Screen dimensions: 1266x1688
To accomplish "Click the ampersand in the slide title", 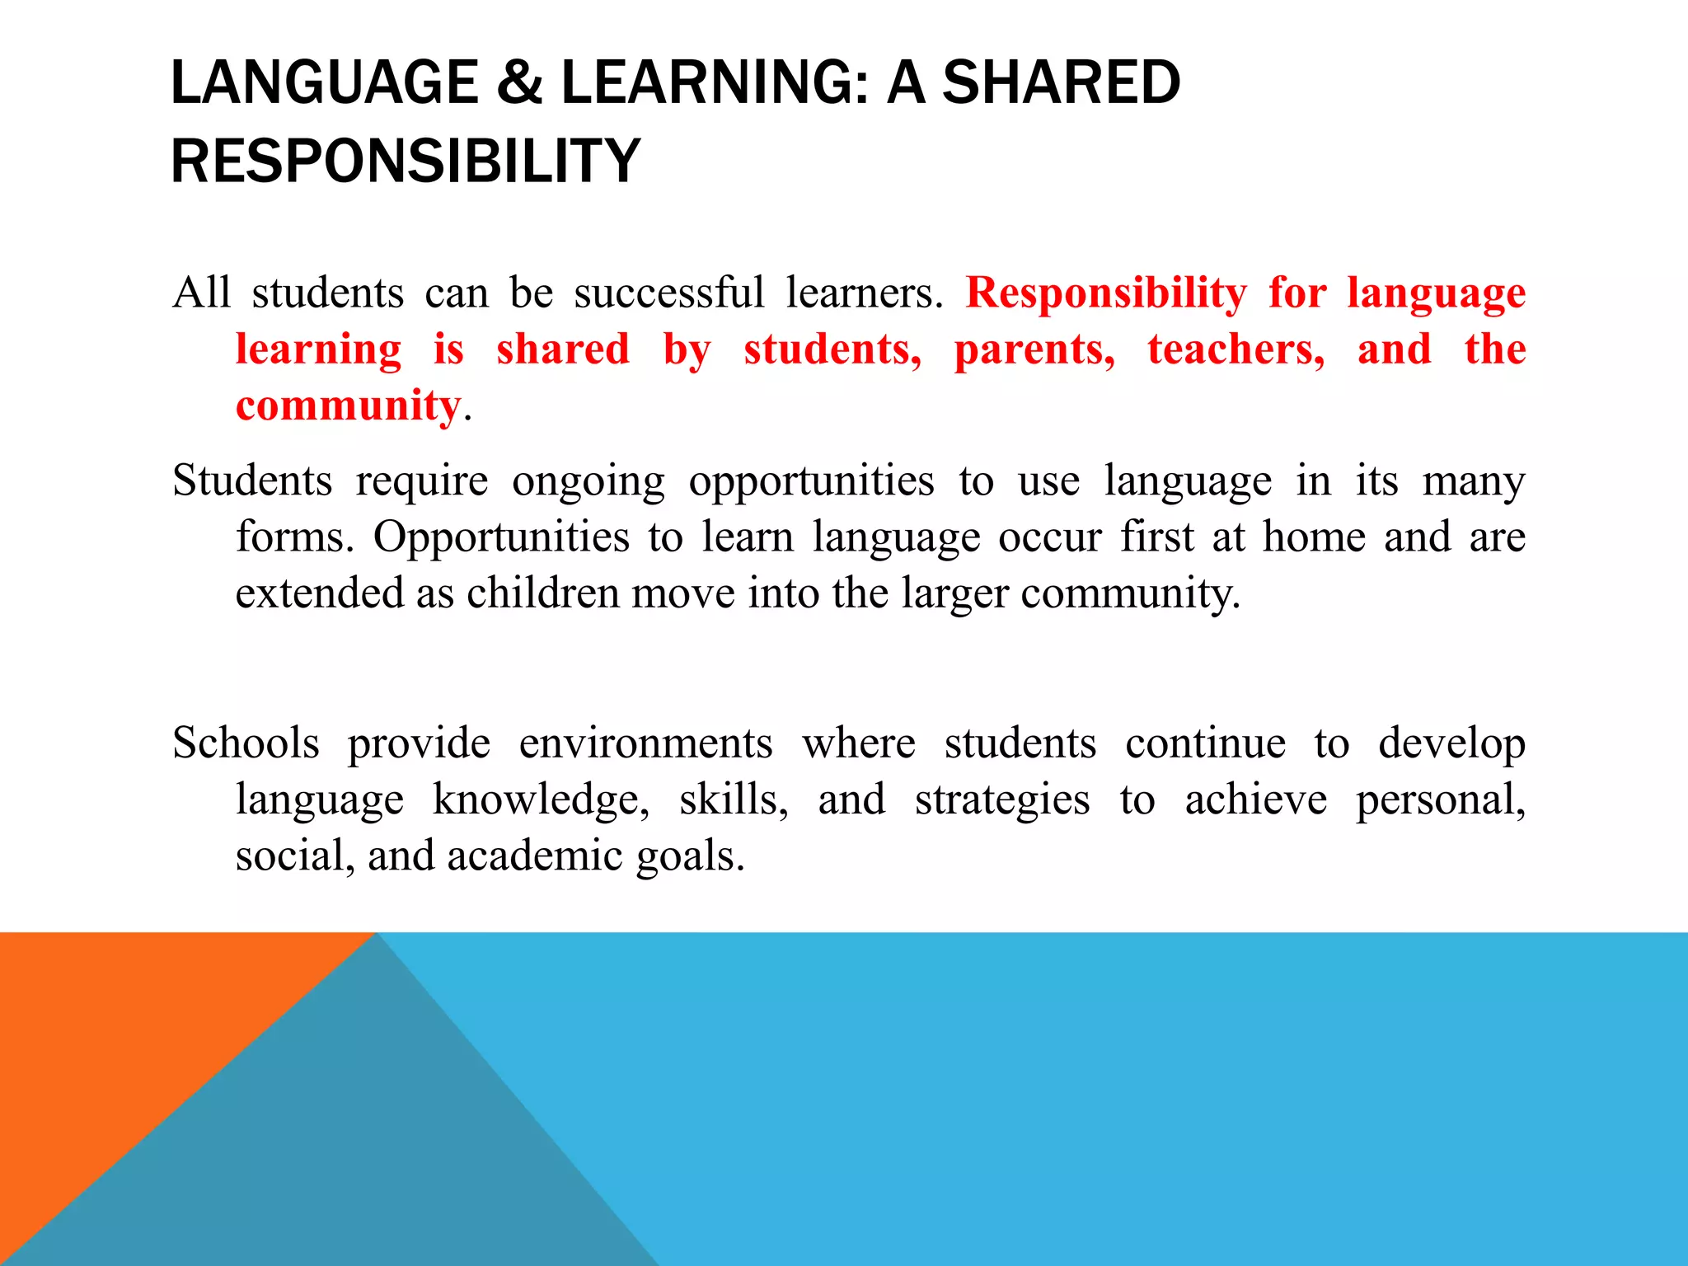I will pos(520,83).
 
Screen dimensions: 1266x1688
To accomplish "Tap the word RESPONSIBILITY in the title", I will pos(406,161).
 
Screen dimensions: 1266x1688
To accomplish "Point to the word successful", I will pos(669,293).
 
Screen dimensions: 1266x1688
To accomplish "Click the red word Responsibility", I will pos(1106,293).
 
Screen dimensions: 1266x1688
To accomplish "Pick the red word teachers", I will pos(1236,349).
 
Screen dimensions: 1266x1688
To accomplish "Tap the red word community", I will pos(348,406).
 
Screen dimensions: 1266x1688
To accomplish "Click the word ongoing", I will pos(588,482).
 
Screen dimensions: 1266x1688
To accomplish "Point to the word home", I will pos(1315,537).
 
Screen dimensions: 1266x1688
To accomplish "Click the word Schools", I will pos(246,743).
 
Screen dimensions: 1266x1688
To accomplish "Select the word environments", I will pos(645,743).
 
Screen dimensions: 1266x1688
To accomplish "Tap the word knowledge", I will pos(541,800).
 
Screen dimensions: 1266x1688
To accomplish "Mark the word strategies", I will pos(1002,800).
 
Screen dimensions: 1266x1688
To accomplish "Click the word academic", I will pos(535,856).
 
